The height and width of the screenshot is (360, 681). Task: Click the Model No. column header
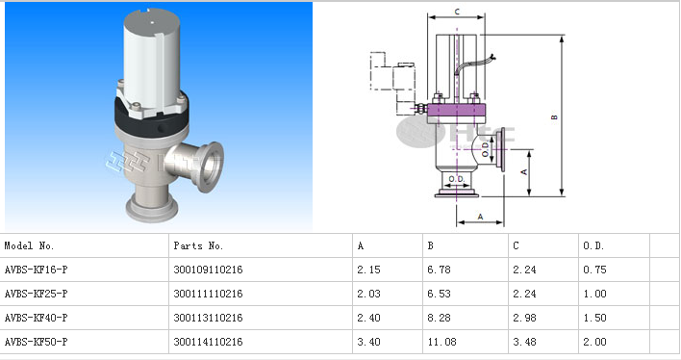29,245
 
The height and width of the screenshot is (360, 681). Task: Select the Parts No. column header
198,245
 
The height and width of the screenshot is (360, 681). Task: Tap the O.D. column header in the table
593,245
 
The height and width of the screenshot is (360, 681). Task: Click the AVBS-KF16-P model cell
36,270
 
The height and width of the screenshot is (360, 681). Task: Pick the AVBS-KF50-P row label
36,342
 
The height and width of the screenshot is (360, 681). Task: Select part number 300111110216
208,294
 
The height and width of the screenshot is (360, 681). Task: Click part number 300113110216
208,318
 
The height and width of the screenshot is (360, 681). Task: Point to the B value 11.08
441,342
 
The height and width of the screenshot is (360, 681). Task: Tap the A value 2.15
368,270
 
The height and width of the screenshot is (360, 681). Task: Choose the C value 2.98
524,318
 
